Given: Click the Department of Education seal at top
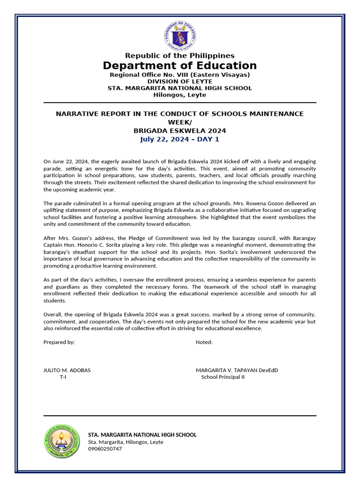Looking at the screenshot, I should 180,37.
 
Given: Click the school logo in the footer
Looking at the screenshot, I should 61,441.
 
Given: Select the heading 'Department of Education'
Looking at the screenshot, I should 180,66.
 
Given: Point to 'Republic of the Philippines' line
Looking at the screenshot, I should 180,56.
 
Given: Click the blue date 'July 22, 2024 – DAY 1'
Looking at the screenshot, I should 180,139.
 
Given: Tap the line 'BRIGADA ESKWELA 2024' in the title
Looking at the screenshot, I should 180,131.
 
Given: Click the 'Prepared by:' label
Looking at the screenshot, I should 59,342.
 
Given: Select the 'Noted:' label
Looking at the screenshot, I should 204,342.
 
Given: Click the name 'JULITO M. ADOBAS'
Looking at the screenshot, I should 67,370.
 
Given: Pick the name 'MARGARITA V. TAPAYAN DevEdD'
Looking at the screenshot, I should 237,370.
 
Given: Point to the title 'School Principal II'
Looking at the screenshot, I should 223,377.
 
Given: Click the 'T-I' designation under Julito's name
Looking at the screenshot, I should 63,377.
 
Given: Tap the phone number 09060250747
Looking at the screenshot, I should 105,449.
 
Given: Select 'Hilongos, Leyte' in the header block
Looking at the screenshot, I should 180,95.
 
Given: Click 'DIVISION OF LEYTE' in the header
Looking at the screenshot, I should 180,82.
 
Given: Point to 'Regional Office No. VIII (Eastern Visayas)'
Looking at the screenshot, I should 180,75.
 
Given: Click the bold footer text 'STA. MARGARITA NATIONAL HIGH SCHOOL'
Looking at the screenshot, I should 142,435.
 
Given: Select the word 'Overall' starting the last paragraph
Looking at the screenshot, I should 52,315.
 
